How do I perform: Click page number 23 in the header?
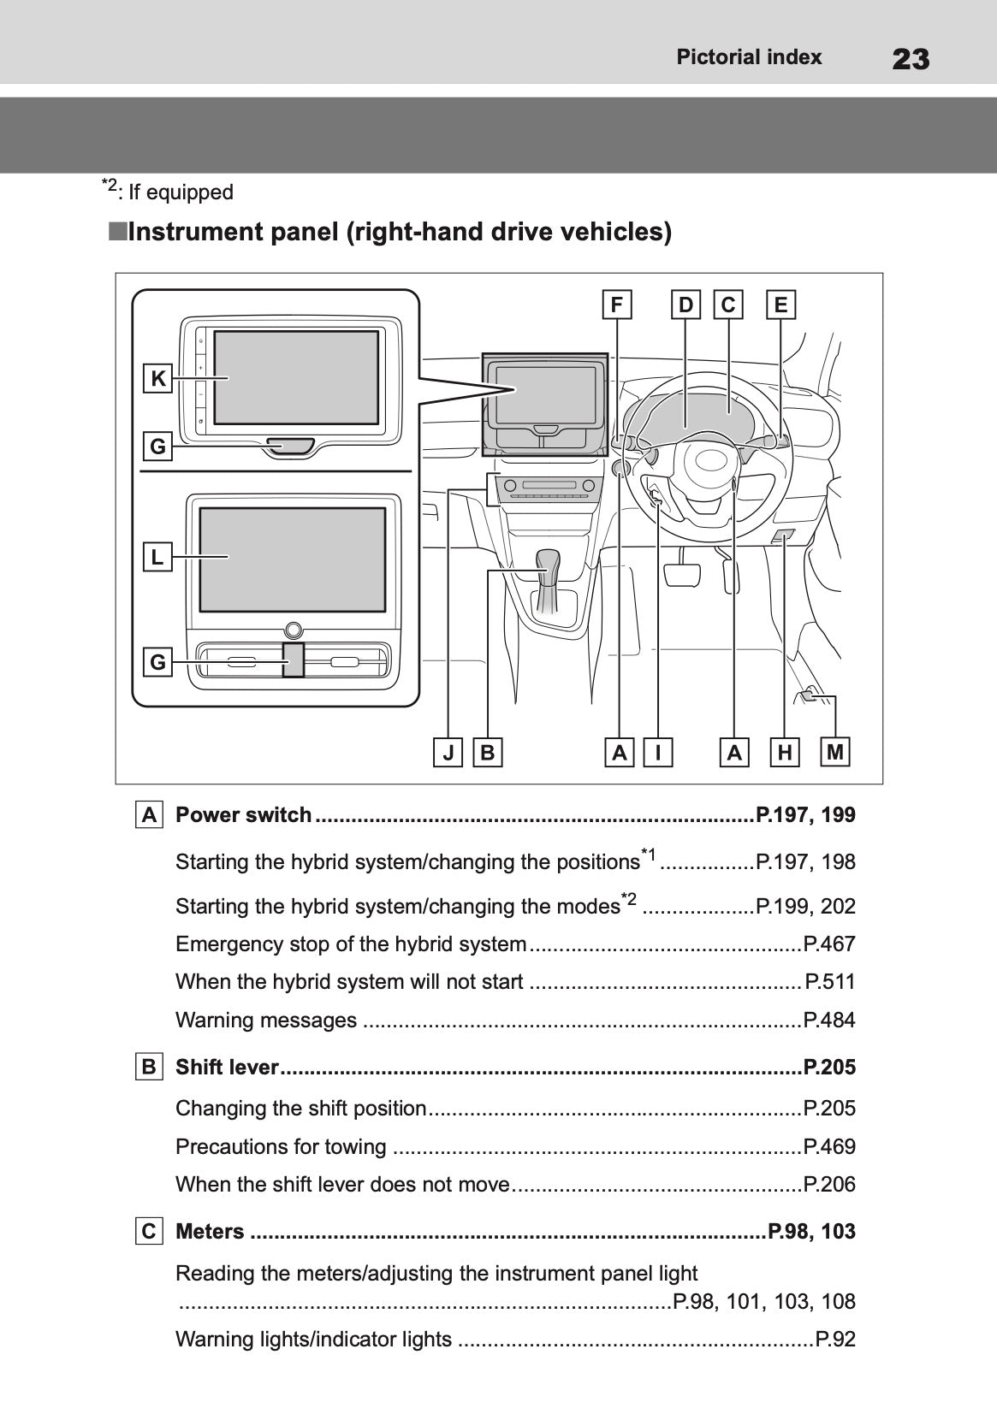coord(910,59)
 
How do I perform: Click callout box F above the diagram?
coord(616,305)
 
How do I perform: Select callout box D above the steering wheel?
coord(686,305)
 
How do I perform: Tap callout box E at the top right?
coord(780,305)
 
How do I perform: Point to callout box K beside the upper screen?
coord(158,378)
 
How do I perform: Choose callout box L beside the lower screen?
coord(157,557)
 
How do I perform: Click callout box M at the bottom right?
coord(835,752)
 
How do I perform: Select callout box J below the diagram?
coord(448,753)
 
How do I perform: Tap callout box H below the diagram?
coord(784,753)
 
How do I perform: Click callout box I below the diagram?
coord(658,753)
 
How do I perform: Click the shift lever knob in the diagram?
coord(548,563)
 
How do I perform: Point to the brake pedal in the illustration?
coord(681,572)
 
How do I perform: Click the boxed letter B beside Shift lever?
coord(149,1067)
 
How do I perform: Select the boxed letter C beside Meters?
coord(149,1231)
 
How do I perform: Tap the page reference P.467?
coord(829,944)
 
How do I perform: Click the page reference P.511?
coord(830,982)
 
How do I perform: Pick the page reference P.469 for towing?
coord(829,1146)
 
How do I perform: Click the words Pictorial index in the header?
coord(749,57)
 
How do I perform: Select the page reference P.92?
coord(835,1339)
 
